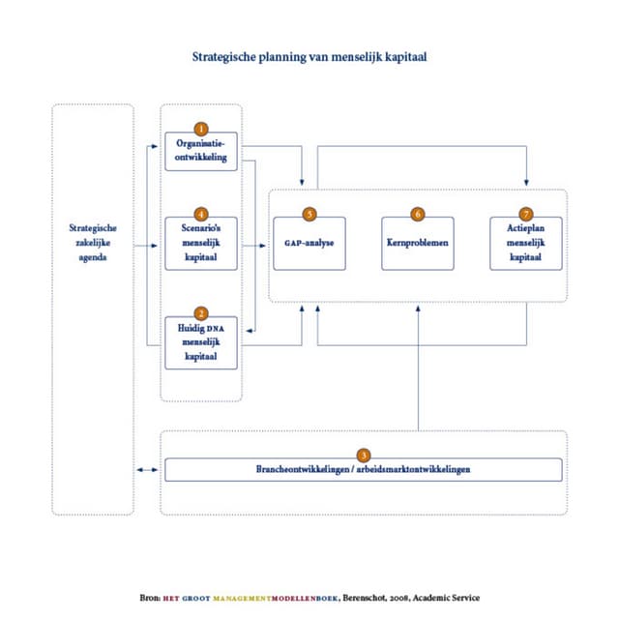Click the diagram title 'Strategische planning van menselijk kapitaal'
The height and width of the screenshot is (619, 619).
(309, 56)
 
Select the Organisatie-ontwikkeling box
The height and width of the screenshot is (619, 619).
(201, 152)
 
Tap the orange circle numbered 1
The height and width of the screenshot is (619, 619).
(201, 129)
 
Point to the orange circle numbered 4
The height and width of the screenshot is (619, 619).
(201, 214)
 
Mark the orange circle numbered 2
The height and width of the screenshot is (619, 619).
(201, 313)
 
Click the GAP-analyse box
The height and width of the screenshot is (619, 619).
(309, 244)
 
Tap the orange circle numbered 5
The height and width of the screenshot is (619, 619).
(309, 214)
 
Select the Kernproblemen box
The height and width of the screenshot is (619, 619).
(418, 244)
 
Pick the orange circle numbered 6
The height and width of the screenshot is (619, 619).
(418, 214)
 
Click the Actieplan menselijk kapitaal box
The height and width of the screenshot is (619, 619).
(526, 244)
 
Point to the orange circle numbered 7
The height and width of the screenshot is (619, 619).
(526, 214)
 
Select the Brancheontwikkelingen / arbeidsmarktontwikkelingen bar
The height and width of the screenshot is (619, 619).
(363, 470)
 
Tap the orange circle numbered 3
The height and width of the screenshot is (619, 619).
(363, 455)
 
